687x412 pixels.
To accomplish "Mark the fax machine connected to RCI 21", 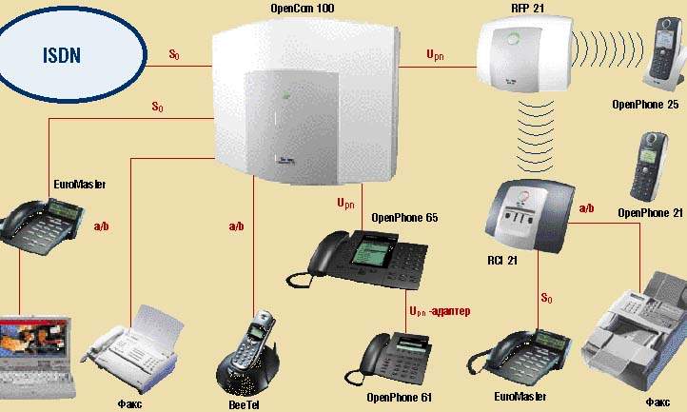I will point(638,333).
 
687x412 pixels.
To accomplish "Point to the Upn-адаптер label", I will point(439,311).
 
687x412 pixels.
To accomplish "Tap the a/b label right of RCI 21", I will point(586,207).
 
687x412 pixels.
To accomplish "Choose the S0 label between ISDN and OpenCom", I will point(174,55).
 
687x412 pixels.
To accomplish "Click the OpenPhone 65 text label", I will point(404,218).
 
